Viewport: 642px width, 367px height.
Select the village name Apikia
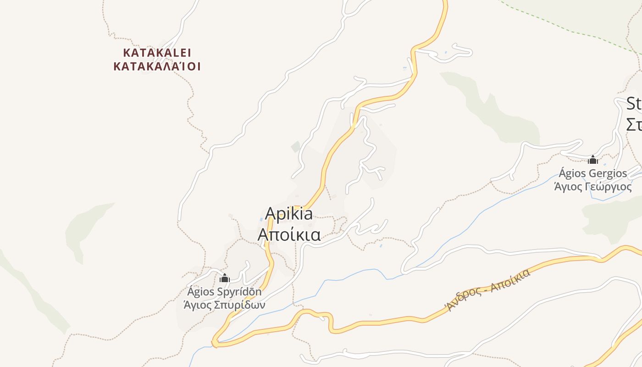(289, 214)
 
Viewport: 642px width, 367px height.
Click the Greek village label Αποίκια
(289, 234)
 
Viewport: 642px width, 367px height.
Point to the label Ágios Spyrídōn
(224, 292)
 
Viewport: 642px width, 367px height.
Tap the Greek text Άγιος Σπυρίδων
(224, 305)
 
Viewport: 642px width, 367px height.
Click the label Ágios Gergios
(592, 173)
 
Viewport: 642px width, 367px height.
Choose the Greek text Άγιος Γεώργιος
(592, 187)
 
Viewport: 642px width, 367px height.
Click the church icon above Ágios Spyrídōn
(225, 278)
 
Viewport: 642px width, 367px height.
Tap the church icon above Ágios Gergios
(593, 160)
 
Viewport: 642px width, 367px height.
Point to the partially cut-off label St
(634, 104)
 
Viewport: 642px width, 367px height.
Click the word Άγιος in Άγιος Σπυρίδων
(197, 305)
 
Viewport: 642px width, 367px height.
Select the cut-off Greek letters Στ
(634, 124)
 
